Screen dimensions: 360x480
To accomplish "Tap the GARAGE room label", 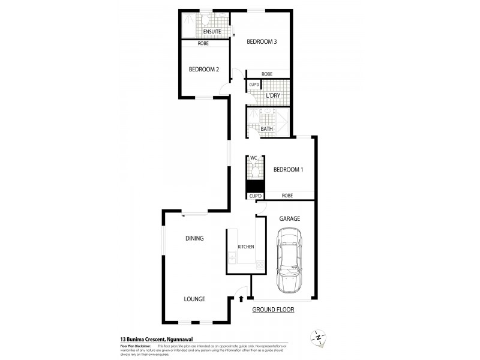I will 289,218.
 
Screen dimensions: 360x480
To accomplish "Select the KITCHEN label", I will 246,247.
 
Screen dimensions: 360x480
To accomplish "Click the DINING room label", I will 194,238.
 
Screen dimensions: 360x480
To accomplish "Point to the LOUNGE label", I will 194,299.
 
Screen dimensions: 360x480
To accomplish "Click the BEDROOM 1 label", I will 288,170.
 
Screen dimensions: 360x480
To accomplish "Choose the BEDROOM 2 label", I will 203,69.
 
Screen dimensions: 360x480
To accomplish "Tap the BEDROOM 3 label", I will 261,41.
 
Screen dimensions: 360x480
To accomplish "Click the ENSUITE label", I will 212,31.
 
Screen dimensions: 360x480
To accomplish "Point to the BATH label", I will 266,128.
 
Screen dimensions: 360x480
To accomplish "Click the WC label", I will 253,158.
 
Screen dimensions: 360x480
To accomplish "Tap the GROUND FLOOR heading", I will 272,310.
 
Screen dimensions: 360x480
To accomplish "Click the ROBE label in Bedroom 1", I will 287,196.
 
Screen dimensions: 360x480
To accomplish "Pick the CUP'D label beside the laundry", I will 253,84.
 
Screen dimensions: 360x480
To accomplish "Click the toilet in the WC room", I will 254,171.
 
